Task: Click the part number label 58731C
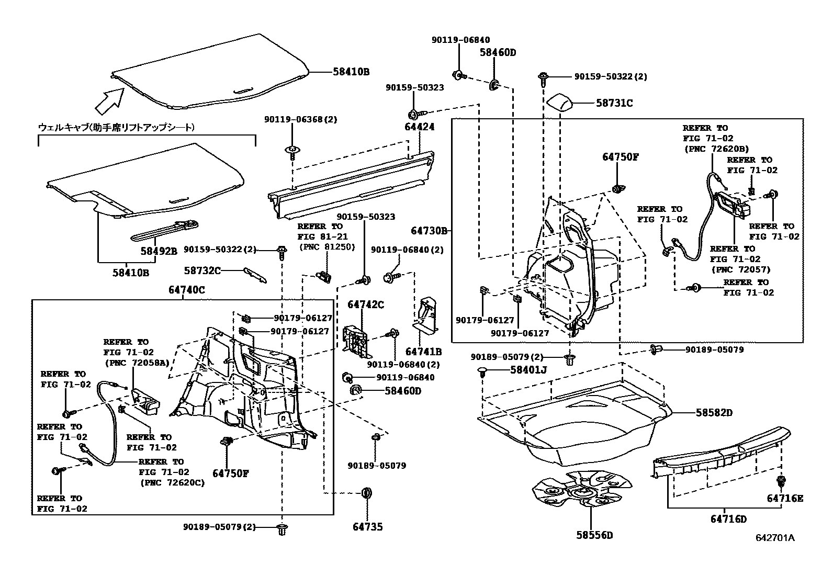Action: pos(614,104)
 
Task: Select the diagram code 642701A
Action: pos(774,538)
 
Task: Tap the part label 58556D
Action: pos(594,535)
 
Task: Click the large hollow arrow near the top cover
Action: pos(108,100)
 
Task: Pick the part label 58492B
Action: pos(159,251)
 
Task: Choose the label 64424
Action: pos(419,127)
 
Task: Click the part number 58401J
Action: pos(528,370)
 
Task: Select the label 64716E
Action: pos(784,498)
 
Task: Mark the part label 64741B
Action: pos(423,352)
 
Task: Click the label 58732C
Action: pos(202,270)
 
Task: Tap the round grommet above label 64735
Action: pos(367,493)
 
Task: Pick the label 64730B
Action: pos(429,231)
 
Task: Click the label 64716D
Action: pos(728,519)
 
